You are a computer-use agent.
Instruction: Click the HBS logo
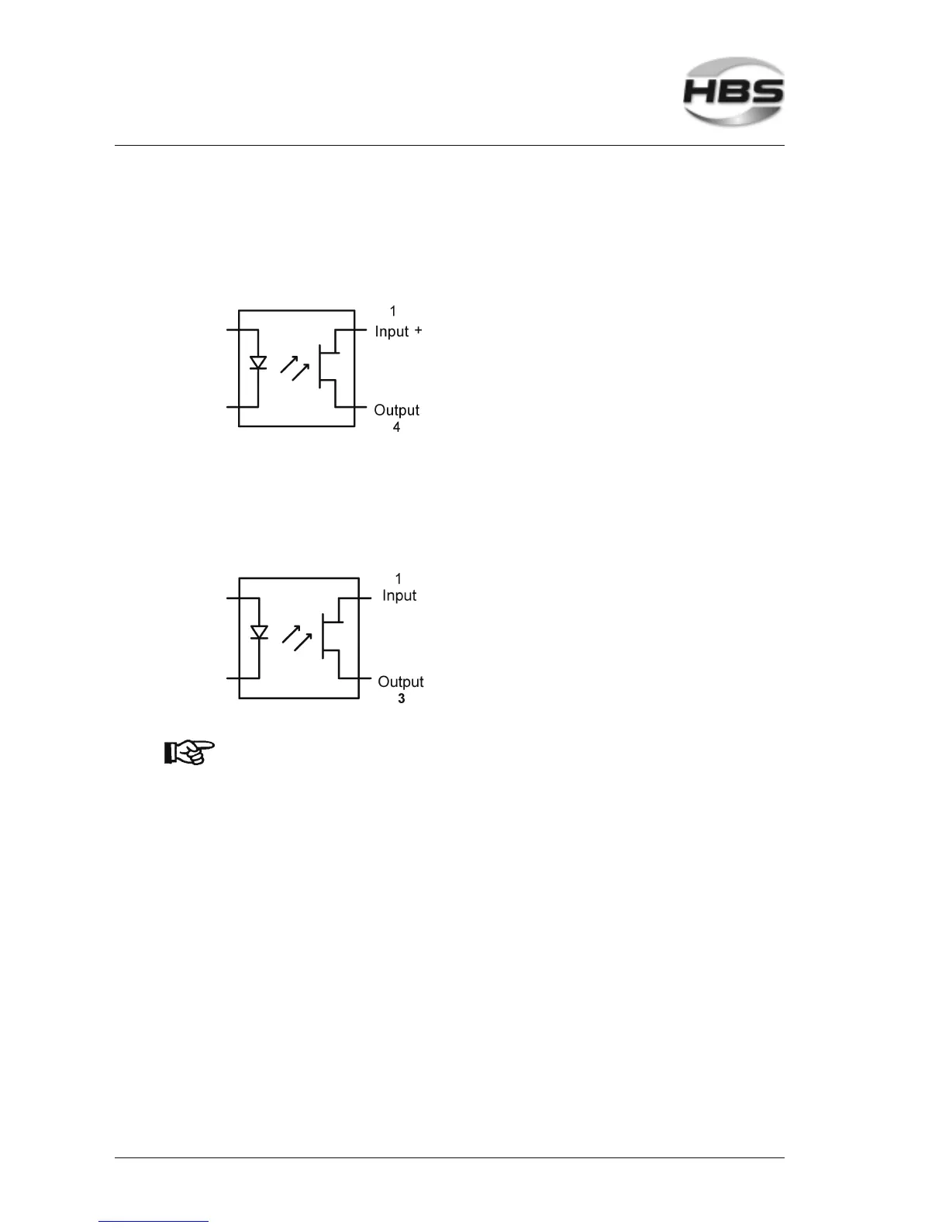pos(733,91)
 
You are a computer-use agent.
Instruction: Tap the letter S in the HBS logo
pos(766,92)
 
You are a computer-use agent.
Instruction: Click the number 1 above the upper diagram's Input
pos(393,312)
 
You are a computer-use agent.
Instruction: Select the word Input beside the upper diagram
pos(392,331)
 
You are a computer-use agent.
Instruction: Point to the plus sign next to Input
pos(419,330)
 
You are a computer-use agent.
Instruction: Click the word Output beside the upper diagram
pos(396,410)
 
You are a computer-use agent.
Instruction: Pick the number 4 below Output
pos(396,427)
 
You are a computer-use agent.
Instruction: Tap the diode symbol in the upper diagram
pos(258,363)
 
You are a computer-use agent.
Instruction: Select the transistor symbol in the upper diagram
pos(331,368)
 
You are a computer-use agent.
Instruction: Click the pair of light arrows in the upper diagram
pos(295,367)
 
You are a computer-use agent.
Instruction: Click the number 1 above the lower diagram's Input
pos(399,578)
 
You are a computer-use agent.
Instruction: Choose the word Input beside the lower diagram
pos(399,595)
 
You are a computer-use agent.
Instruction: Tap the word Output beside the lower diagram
pos(400,681)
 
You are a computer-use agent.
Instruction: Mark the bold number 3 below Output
pos(401,699)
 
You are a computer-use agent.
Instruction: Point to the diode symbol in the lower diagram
pos(259,633)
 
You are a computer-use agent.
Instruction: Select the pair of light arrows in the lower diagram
pos(297,638)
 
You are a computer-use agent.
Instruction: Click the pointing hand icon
pos(188,752)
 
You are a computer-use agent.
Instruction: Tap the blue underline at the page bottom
pos(154,1221)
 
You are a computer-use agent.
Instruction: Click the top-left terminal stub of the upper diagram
pos(232,330)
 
